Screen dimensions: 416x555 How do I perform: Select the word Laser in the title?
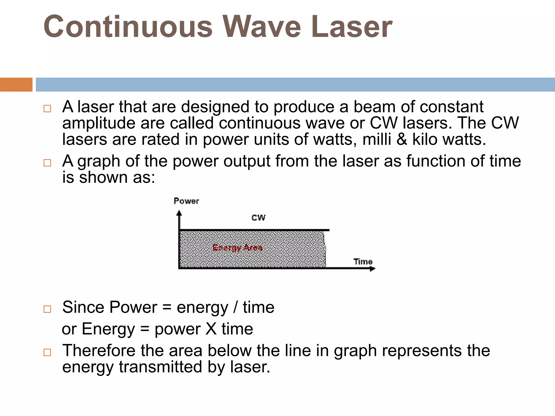tap(351, 27)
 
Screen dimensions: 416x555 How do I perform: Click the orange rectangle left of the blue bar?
tap(16, 84)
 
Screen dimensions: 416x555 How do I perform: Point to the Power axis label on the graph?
tap(186, 201)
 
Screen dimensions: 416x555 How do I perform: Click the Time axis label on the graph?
tap(363, 262)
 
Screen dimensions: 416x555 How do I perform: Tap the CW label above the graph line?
tap(258, 217)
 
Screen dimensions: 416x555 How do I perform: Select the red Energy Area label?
tap(237, 248)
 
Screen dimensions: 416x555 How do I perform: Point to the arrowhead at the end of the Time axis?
tap(373, 269)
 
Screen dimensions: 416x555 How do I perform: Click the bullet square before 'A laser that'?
tap(47, 109)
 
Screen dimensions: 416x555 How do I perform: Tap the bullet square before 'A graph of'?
tap(47, 163)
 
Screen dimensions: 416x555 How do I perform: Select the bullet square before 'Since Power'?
tap(47, 309)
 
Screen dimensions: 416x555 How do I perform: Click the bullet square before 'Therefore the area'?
tap(47, 352)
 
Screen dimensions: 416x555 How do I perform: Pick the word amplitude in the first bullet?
tap(99, 123)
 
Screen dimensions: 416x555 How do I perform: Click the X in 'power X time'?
tap(211, 329)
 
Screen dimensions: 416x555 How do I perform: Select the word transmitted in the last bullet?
tap(160, 367)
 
